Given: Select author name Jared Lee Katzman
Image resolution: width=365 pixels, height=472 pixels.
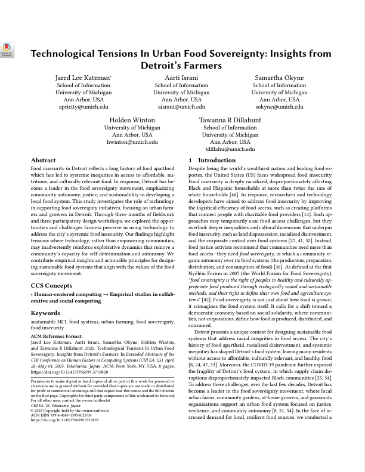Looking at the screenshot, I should click(x=82, y=78).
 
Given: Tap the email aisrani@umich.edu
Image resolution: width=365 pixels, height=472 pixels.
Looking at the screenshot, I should click(x=181, y=107).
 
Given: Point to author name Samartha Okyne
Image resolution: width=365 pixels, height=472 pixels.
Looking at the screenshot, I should click(x=279, y=78).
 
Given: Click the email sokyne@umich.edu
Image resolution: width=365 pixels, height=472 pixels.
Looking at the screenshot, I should click(x=279, y=107).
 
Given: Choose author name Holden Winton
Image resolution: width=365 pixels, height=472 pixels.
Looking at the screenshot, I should click(x=132, y=121).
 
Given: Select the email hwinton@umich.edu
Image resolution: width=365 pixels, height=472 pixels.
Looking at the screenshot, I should click(x=132, y=142).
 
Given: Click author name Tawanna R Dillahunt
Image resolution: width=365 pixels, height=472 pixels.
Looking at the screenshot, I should click(x=230, y=121).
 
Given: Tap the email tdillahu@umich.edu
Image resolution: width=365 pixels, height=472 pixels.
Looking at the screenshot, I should click(x=230, y=149).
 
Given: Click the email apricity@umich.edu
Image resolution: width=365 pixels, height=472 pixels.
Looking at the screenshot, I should click(x=83, y=107).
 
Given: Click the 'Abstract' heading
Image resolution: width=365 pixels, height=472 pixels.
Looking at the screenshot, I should click(x=43, y=161).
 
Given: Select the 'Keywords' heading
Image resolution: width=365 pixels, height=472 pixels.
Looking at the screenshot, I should click(x=45, y=313).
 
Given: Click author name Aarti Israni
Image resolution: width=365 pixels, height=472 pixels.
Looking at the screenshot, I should click(x=181, y=78).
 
